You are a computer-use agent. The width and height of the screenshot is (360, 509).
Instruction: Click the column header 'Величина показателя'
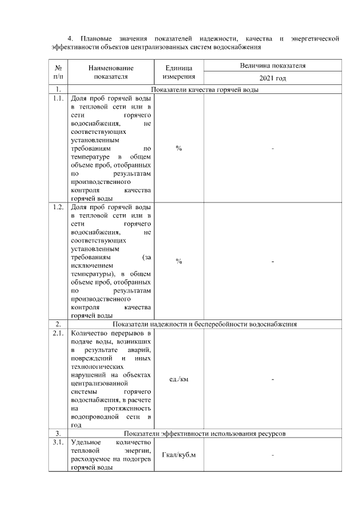tap(273, 66)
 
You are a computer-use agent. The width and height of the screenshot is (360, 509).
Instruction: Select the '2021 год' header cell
tap(273, 79)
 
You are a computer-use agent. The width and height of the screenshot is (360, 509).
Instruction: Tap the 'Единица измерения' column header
tap(179, 72)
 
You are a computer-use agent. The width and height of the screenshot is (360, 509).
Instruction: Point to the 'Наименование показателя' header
tap(111, 72)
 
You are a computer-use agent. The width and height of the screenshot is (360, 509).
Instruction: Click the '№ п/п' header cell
tap(58, 72)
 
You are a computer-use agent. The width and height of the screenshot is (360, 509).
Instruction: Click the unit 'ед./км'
tap(179, 380)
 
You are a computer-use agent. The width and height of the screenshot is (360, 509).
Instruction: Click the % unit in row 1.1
tap(179, 148)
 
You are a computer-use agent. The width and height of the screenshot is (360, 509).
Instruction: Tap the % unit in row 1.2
tap(179, 262)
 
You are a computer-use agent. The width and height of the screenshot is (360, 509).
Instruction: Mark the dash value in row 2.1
tap(273, 380)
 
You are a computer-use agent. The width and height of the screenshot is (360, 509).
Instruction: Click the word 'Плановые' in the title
tap(93, 38)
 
